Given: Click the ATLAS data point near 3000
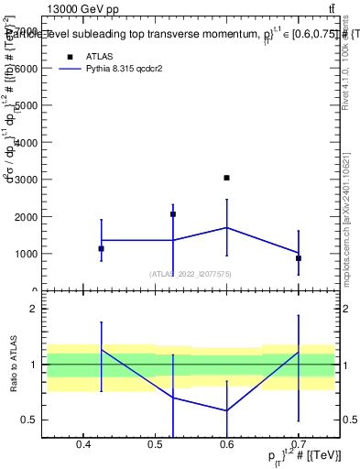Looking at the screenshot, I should pos(226,178).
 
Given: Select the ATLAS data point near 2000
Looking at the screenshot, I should pos(173,214).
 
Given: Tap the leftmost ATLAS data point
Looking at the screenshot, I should pos(101,248).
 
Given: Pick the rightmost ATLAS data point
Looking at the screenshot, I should pos(299,258).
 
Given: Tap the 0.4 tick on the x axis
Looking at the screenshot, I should pos(83,446).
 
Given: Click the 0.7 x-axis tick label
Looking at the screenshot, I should pos(299,446).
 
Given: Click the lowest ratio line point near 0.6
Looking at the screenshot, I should pos(226,410).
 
